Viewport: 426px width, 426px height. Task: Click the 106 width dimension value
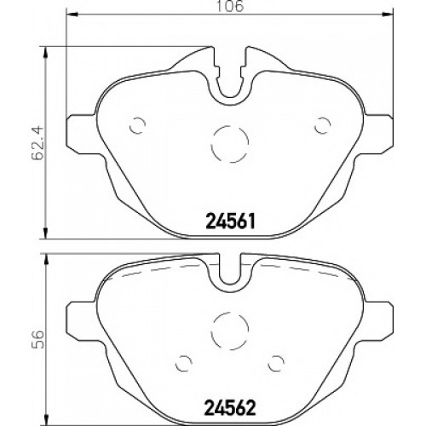pyautogui.click(x=230, y=6)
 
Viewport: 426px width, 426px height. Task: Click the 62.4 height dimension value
pyautogui.click(x=38, y=143)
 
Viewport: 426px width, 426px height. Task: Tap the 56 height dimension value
pyautogui.click(x=38, y=339)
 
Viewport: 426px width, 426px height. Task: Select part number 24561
pyautogui.click(x=230, y=222)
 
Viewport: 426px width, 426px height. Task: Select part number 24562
pyautogui.click(x=230, y=408)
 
